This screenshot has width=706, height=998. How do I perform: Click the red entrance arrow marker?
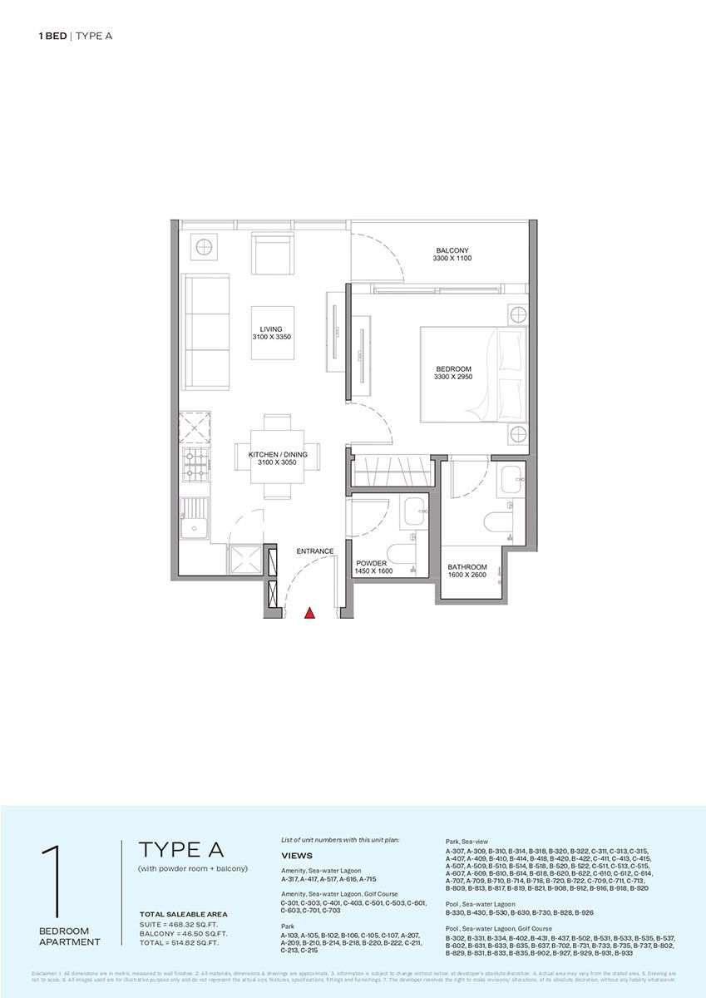click(x=309, y=614)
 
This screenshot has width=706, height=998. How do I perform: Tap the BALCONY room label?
click(x=452, y=250)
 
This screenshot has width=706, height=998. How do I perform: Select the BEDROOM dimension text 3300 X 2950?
click(x=453, y=378)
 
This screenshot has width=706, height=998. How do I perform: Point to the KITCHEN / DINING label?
click(x=278, y=454)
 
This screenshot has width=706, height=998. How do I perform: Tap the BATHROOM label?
click(x=467, y=567)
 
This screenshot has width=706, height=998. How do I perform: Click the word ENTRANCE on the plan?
click(x=315, y=551)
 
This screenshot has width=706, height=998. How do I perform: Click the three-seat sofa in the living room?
click(x=205, y=330)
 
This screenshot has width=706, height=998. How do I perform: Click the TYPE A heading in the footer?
click(x=181, y=850)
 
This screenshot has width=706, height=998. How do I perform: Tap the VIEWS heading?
click(x=297, y=855)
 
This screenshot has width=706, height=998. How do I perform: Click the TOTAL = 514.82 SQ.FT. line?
click(x=184, y=943)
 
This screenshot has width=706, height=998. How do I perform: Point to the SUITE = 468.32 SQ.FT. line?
click(x=184, y=924)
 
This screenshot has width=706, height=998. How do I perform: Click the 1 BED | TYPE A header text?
click(x=75, y=36)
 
